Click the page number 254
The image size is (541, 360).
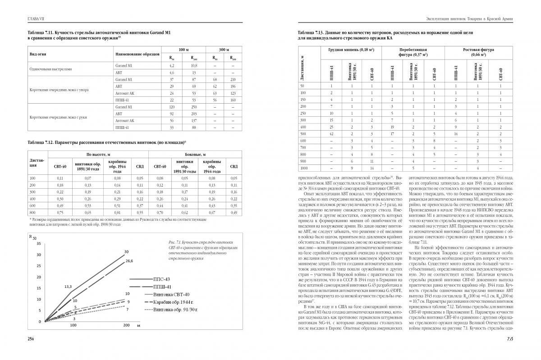click(31, 338)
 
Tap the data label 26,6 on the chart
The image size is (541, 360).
click(129, 261)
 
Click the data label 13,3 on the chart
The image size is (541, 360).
click(68, 287)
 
